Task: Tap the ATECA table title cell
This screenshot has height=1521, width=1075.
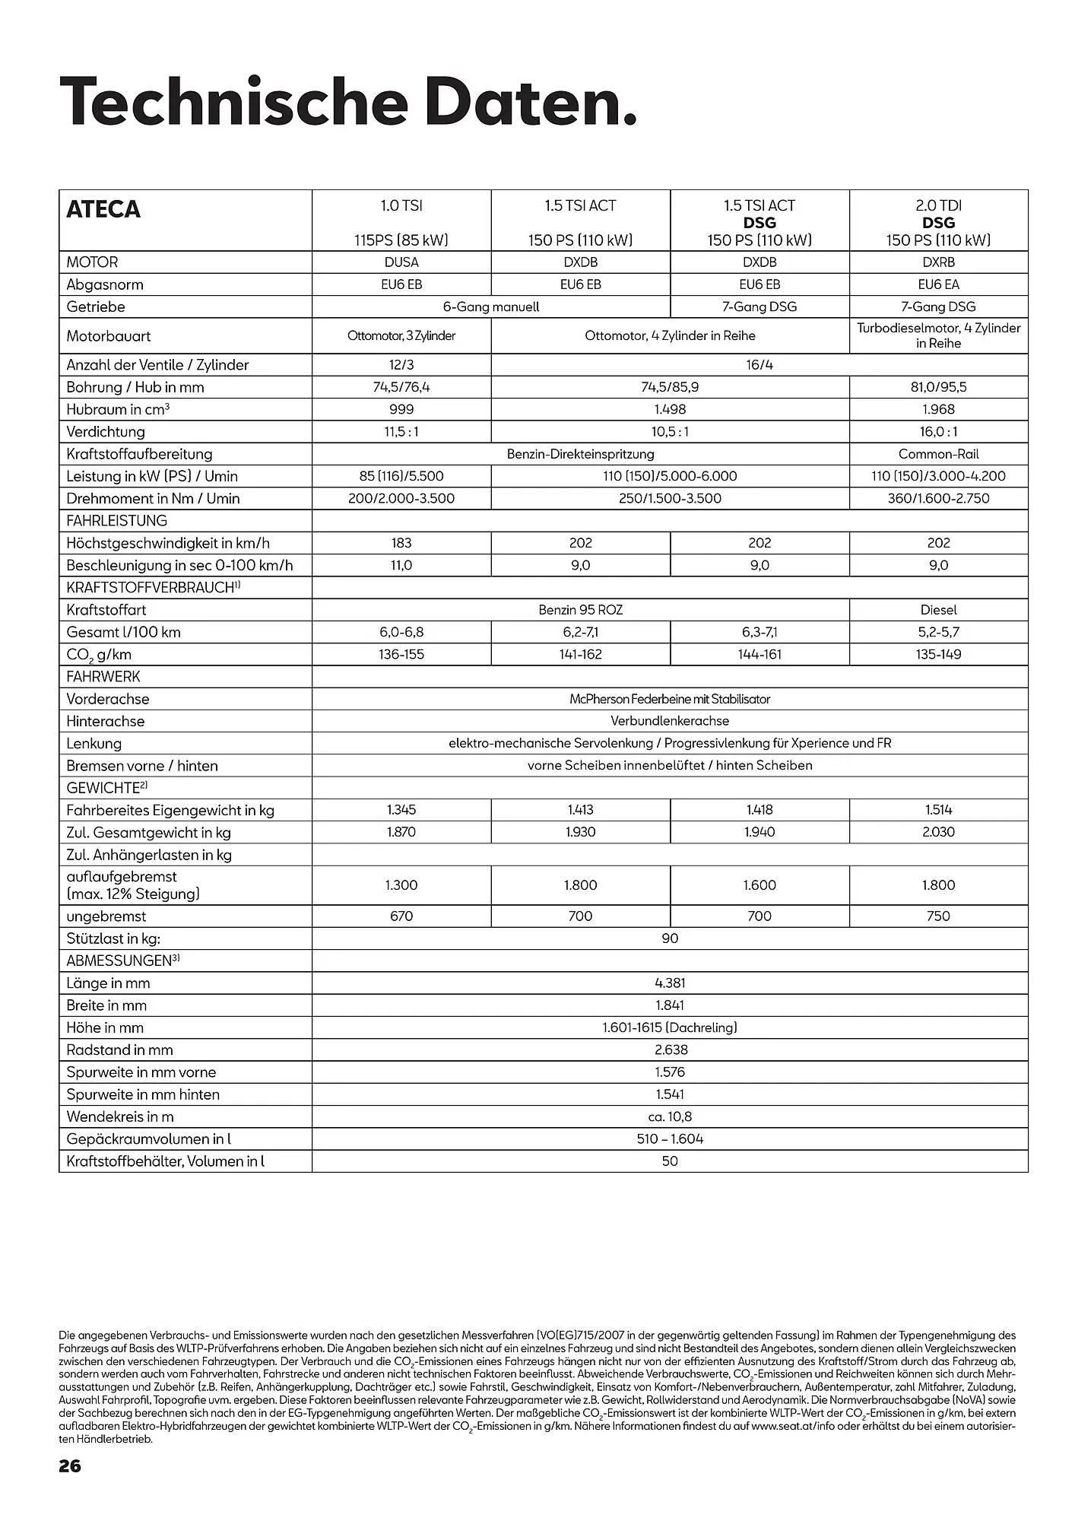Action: coord(103,209)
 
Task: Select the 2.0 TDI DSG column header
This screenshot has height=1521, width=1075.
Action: coord(938,222)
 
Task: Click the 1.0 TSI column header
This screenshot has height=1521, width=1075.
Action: coord(401,222)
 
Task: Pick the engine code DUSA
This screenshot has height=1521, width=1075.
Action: coord(401,262)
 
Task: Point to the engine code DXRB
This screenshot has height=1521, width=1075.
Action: coord(938,262)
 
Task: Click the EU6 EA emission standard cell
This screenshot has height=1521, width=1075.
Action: coord(938,284)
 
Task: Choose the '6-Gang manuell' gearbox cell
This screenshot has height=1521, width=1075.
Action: coord(491,306)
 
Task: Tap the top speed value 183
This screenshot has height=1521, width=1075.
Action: coord(401,543)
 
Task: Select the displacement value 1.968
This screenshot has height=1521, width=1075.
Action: coord(938,409)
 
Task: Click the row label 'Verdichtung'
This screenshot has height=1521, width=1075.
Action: coord(106,432)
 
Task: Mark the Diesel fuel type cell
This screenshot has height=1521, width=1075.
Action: coord(938,610)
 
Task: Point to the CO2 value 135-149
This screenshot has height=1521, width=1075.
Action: coord(938,654)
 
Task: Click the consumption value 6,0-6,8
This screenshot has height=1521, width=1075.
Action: coord(401,632)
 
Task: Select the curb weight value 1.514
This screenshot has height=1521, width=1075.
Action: coord(938,810)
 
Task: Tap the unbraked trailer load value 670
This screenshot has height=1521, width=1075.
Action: coord(401,916)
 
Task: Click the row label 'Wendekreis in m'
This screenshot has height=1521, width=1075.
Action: coord(120,1117)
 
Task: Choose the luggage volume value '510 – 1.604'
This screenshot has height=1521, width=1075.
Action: coord(670,1139)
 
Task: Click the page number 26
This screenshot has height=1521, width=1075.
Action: coord(70,1465)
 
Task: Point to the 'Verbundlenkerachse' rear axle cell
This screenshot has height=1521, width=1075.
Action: coord(670,721)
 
